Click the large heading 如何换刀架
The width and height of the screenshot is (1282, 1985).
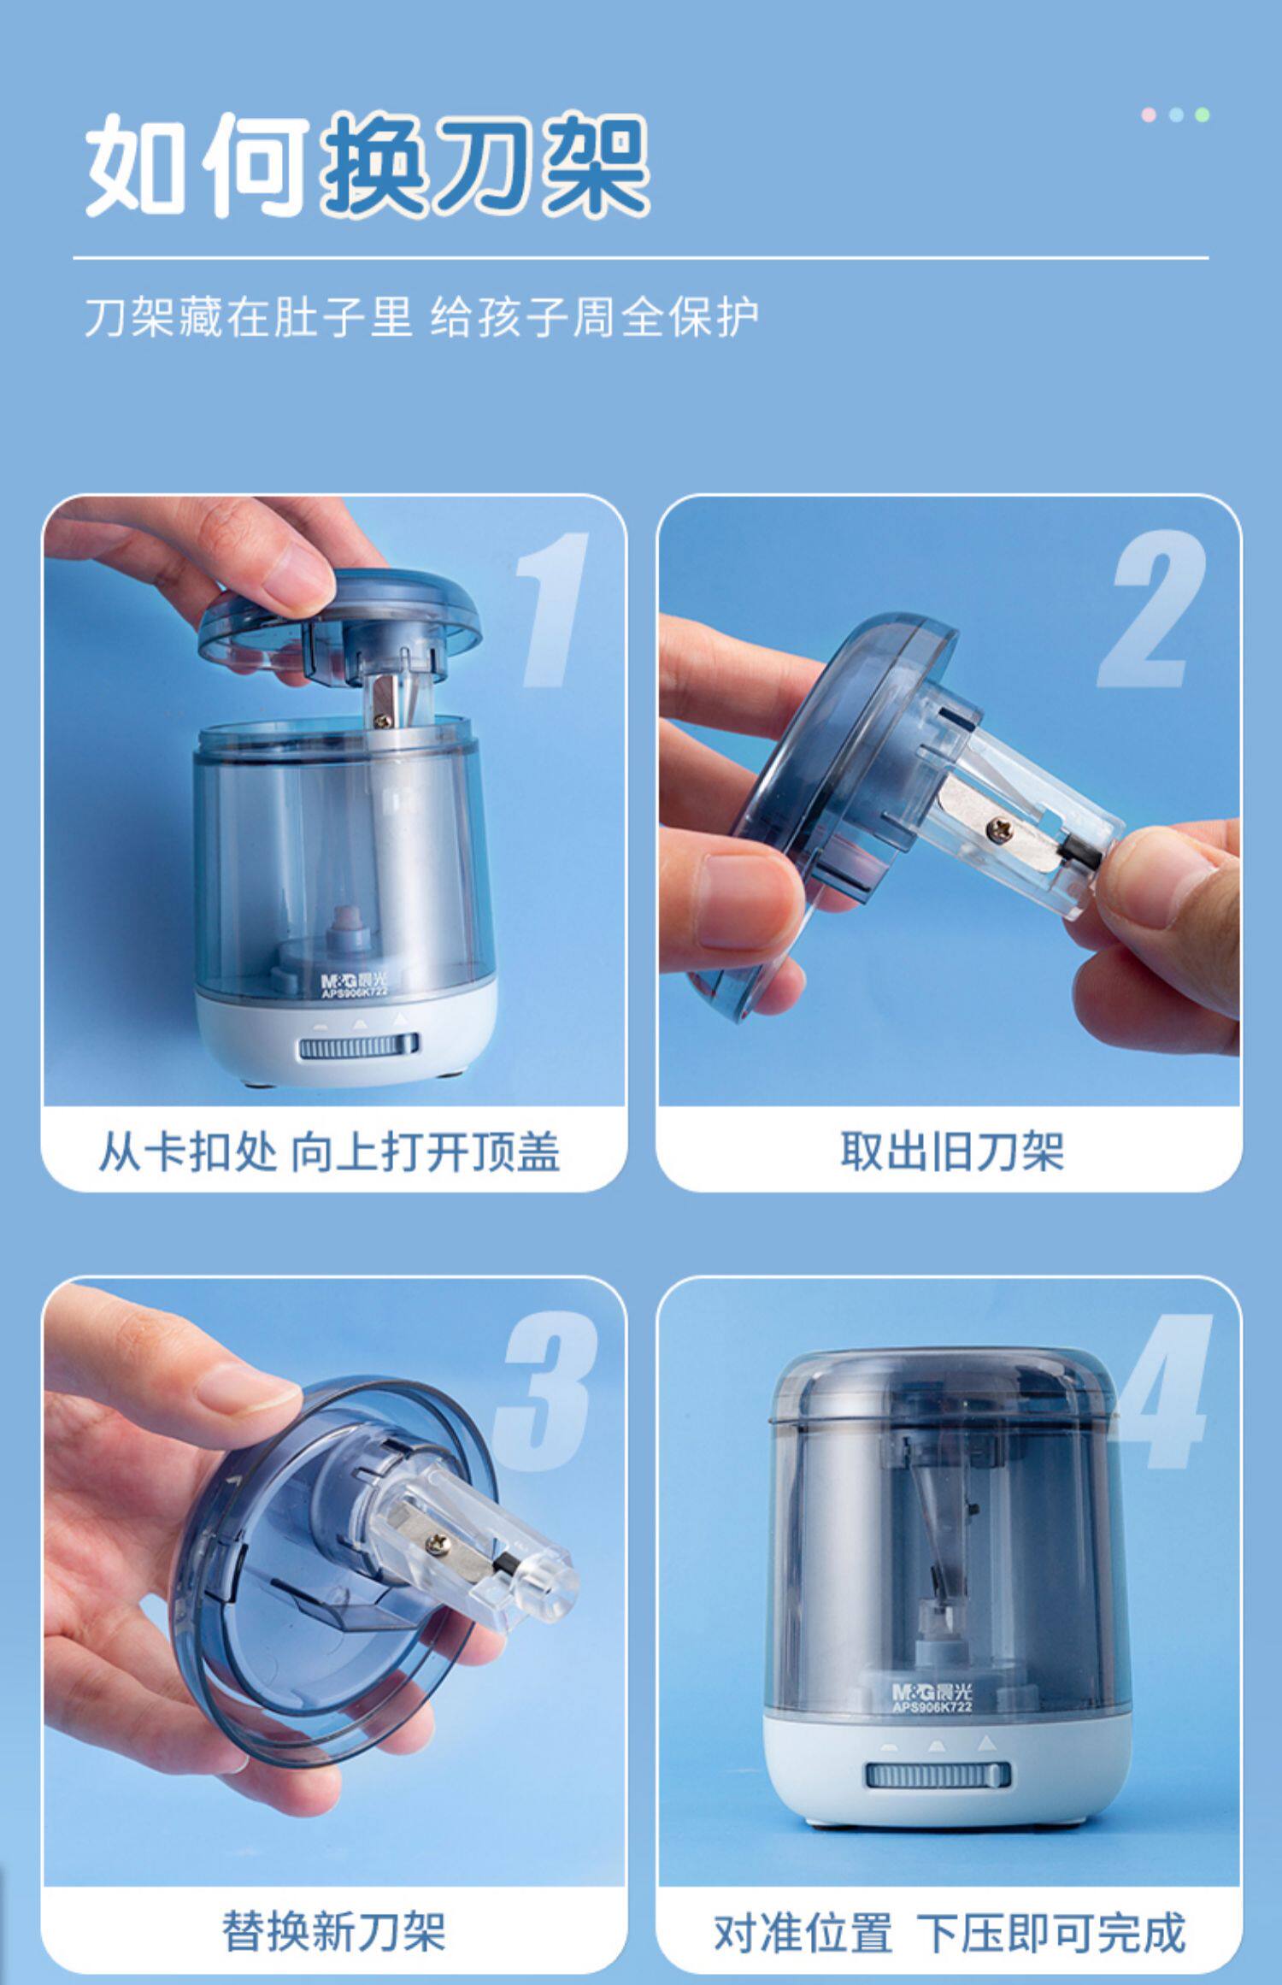click(x=368, y=164)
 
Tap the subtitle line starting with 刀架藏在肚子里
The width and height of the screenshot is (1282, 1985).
click(x=421, y=318)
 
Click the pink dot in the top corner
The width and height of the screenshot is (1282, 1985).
click(x=1150, y=115)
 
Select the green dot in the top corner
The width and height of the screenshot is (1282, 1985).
click(x=1202, y=115)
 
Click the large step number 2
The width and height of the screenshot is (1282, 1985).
click(x=1152, y=609)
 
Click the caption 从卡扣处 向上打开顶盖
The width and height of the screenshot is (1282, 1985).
click(x=329, y=1152)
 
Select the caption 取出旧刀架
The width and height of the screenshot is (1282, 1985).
click(x=951, y=1152)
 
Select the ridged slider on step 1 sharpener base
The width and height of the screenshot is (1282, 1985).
click(x=358, y=1047)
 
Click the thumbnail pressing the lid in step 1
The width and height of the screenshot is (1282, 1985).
click(x=298, y=585)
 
